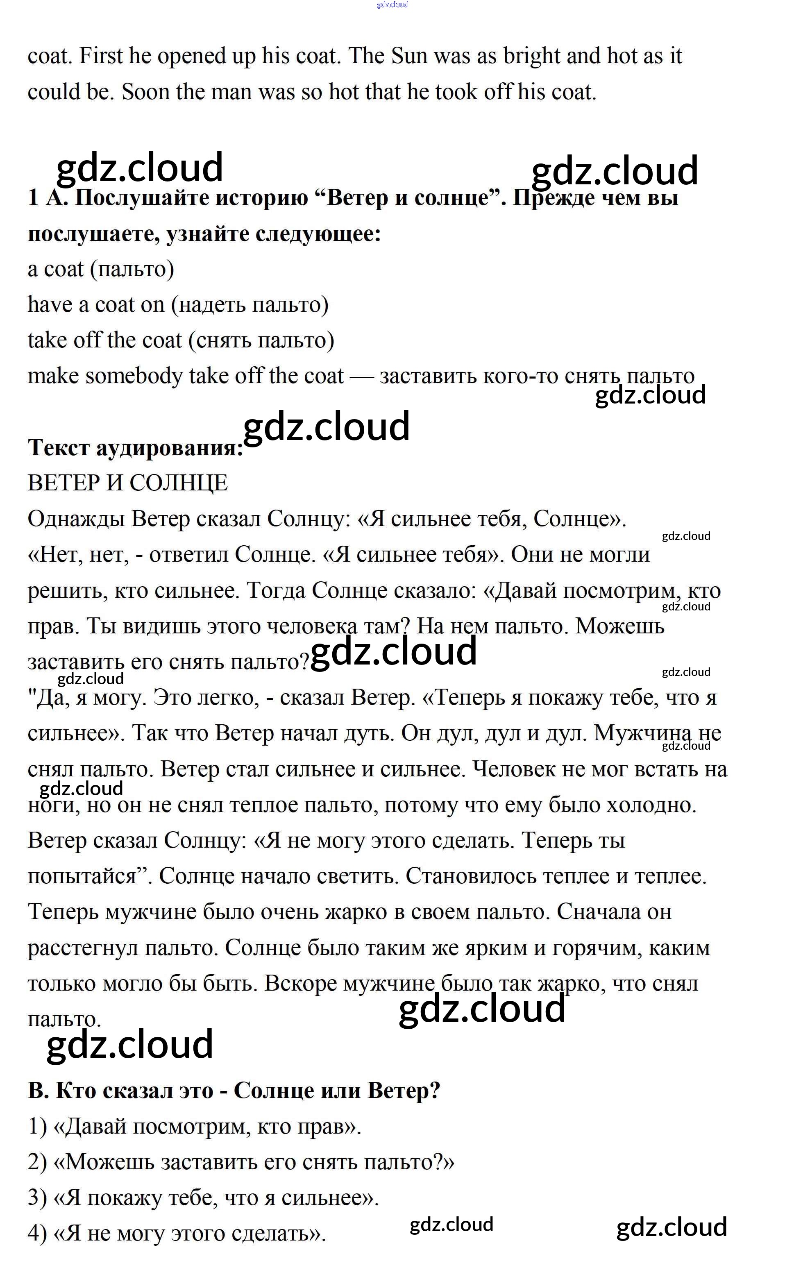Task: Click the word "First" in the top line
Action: coord(101,56)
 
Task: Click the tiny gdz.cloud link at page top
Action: coord(392,5)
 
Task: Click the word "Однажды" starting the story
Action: coord(76,519)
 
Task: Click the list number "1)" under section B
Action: coord(38,1126)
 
